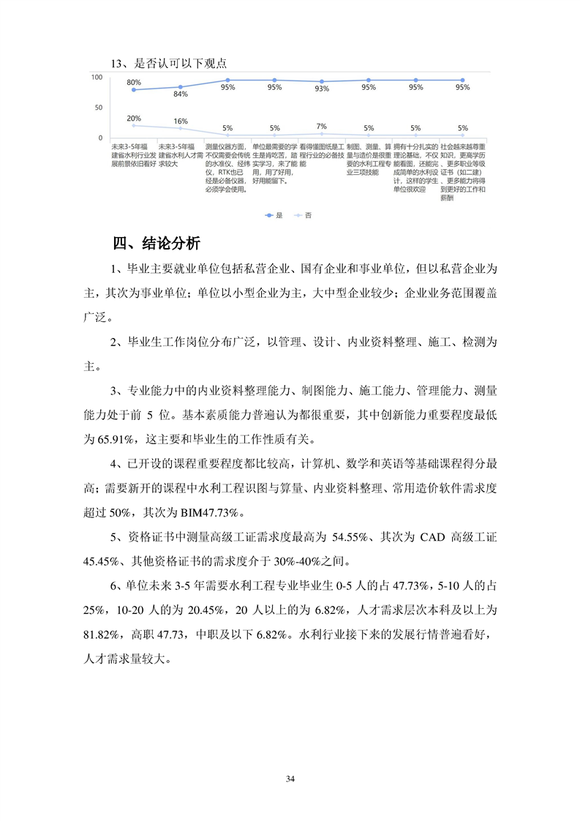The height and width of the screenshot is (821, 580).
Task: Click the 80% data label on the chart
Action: pyautogui.click(x=133, y=82)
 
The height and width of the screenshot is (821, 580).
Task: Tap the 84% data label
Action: pyautogui.click(x=181, y=94)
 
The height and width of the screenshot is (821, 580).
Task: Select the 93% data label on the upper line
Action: pyautogui.click(x=321, y=89)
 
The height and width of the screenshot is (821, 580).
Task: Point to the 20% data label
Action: pyautogui.click(x=133, y=118)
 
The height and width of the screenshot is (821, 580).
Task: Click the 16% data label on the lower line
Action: pyautogui.click(x=181, y=121)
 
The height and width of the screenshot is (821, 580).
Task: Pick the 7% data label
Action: pyautogui.click(x=321, y=126)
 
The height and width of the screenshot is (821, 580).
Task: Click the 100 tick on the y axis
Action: pyautogui.click(x=97, y=77)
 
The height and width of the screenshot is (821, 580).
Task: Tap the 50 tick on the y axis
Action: pyautogui.click(x=99, y=108)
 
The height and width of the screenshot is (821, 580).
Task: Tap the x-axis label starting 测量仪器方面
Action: pyautogui.click(x=227, y=168)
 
